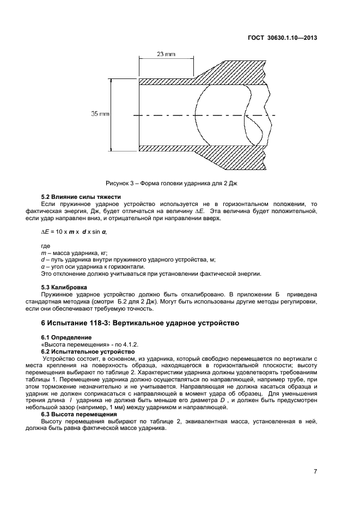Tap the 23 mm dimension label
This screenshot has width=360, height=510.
(166, 54)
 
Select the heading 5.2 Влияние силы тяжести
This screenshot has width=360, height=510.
(81, 196)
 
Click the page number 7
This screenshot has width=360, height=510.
(315, 472)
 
